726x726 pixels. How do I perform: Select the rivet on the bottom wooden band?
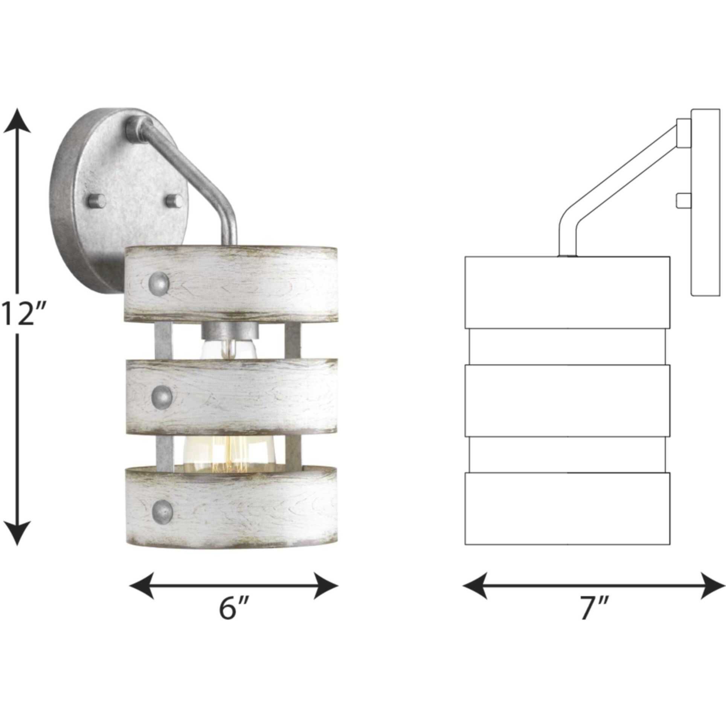163,511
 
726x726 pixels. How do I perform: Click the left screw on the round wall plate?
96,200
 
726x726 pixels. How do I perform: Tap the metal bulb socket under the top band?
230,331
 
